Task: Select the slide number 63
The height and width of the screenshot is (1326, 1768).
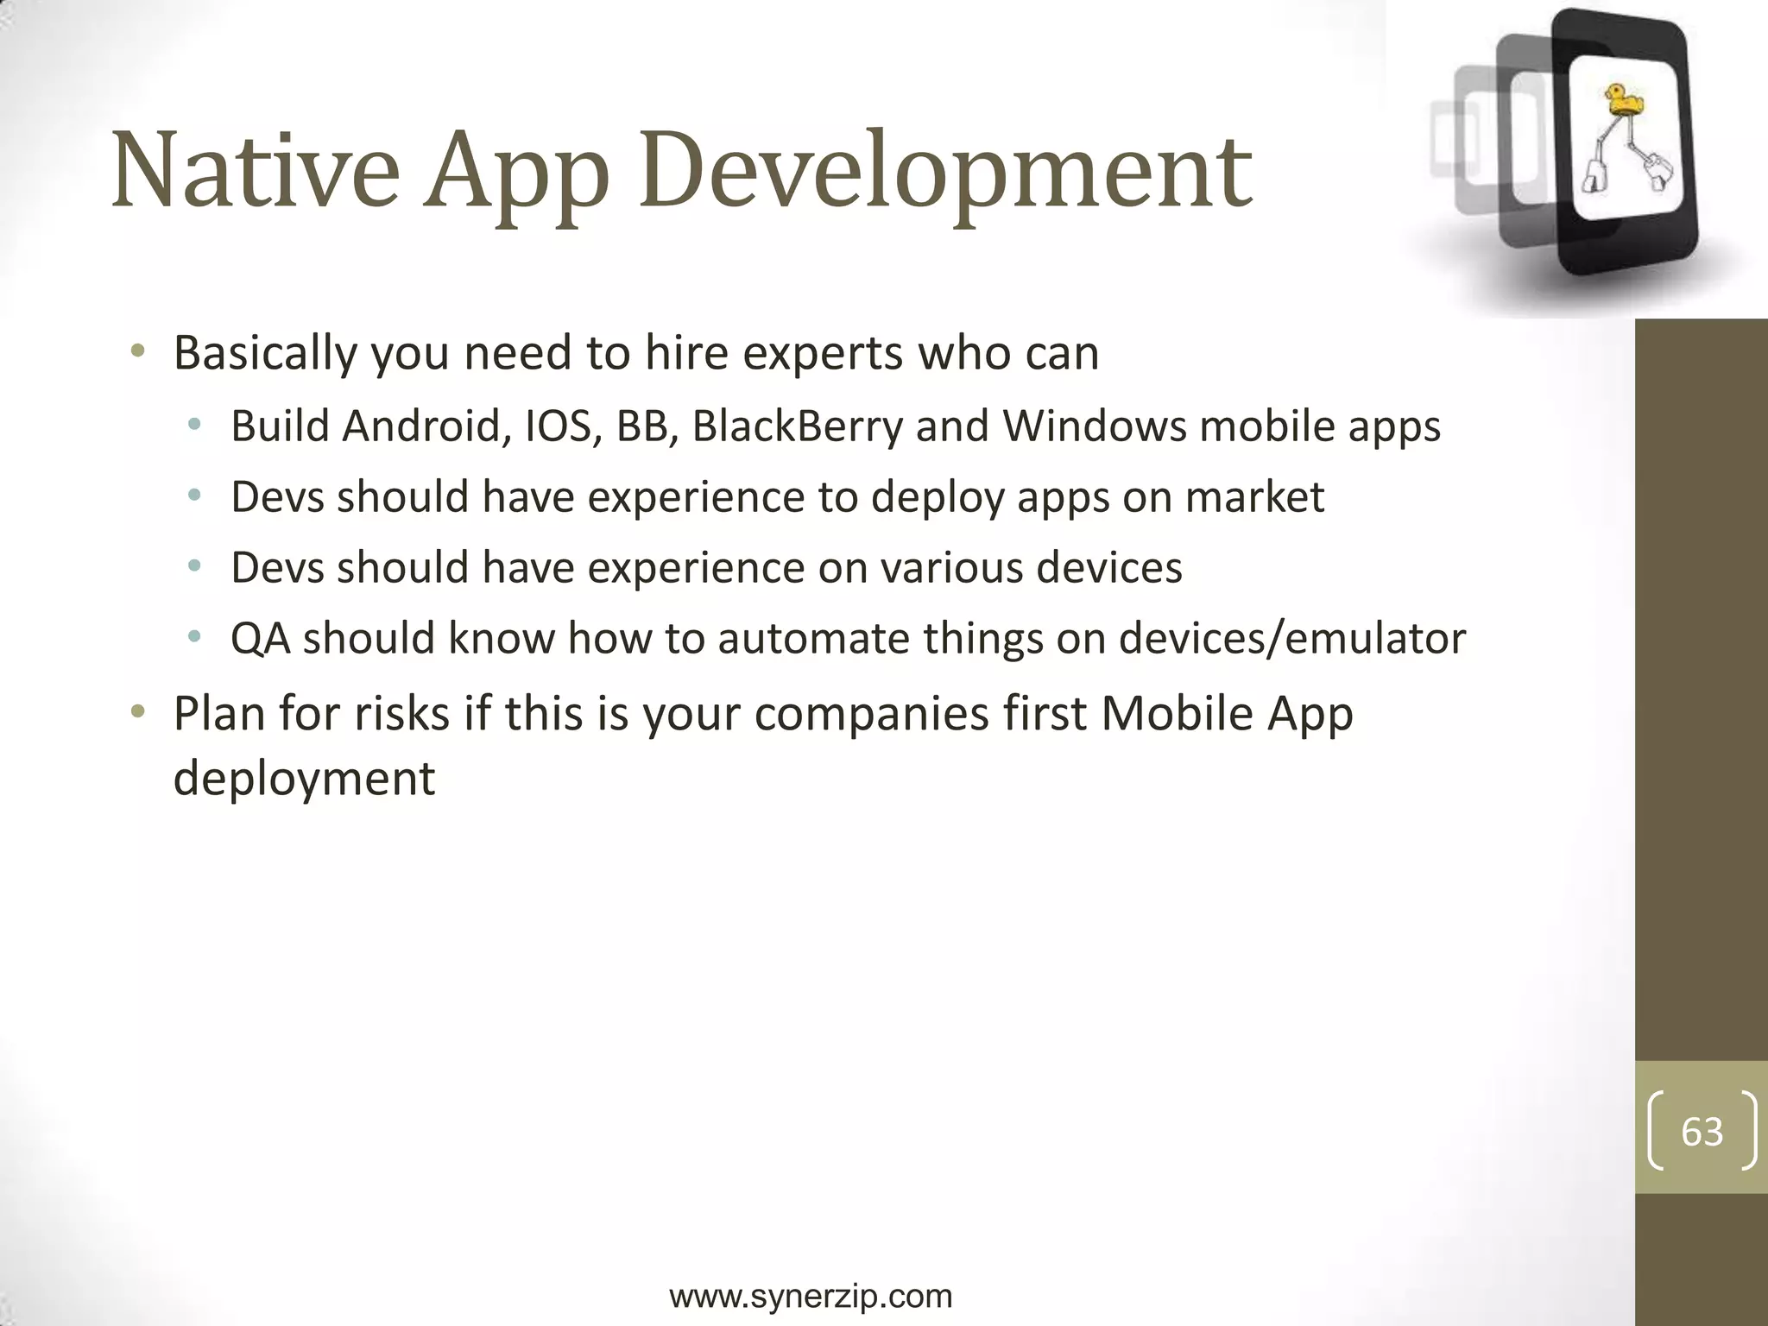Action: pyautogui.click(x=1702, y=1131)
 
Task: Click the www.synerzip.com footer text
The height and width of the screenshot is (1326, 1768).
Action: pyautogui.click(x=811, y=1295)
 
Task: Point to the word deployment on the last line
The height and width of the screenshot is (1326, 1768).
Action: pyautogui.click(x=304, y=779)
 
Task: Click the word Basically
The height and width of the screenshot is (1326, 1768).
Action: pyautogui.click(x=265, y=354)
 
